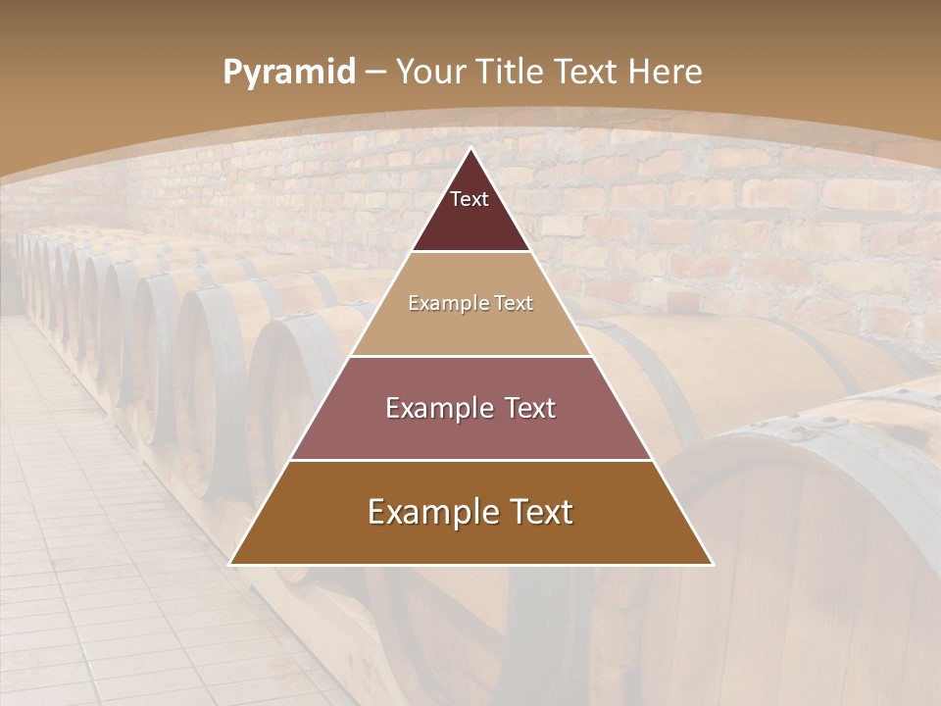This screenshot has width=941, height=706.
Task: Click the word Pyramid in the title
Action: coord(289,73)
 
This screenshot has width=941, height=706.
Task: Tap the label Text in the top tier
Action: coord(470,199)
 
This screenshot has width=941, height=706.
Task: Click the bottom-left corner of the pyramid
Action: coord(230,564)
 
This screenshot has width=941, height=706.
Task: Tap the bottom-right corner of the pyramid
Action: coord(713,564)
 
